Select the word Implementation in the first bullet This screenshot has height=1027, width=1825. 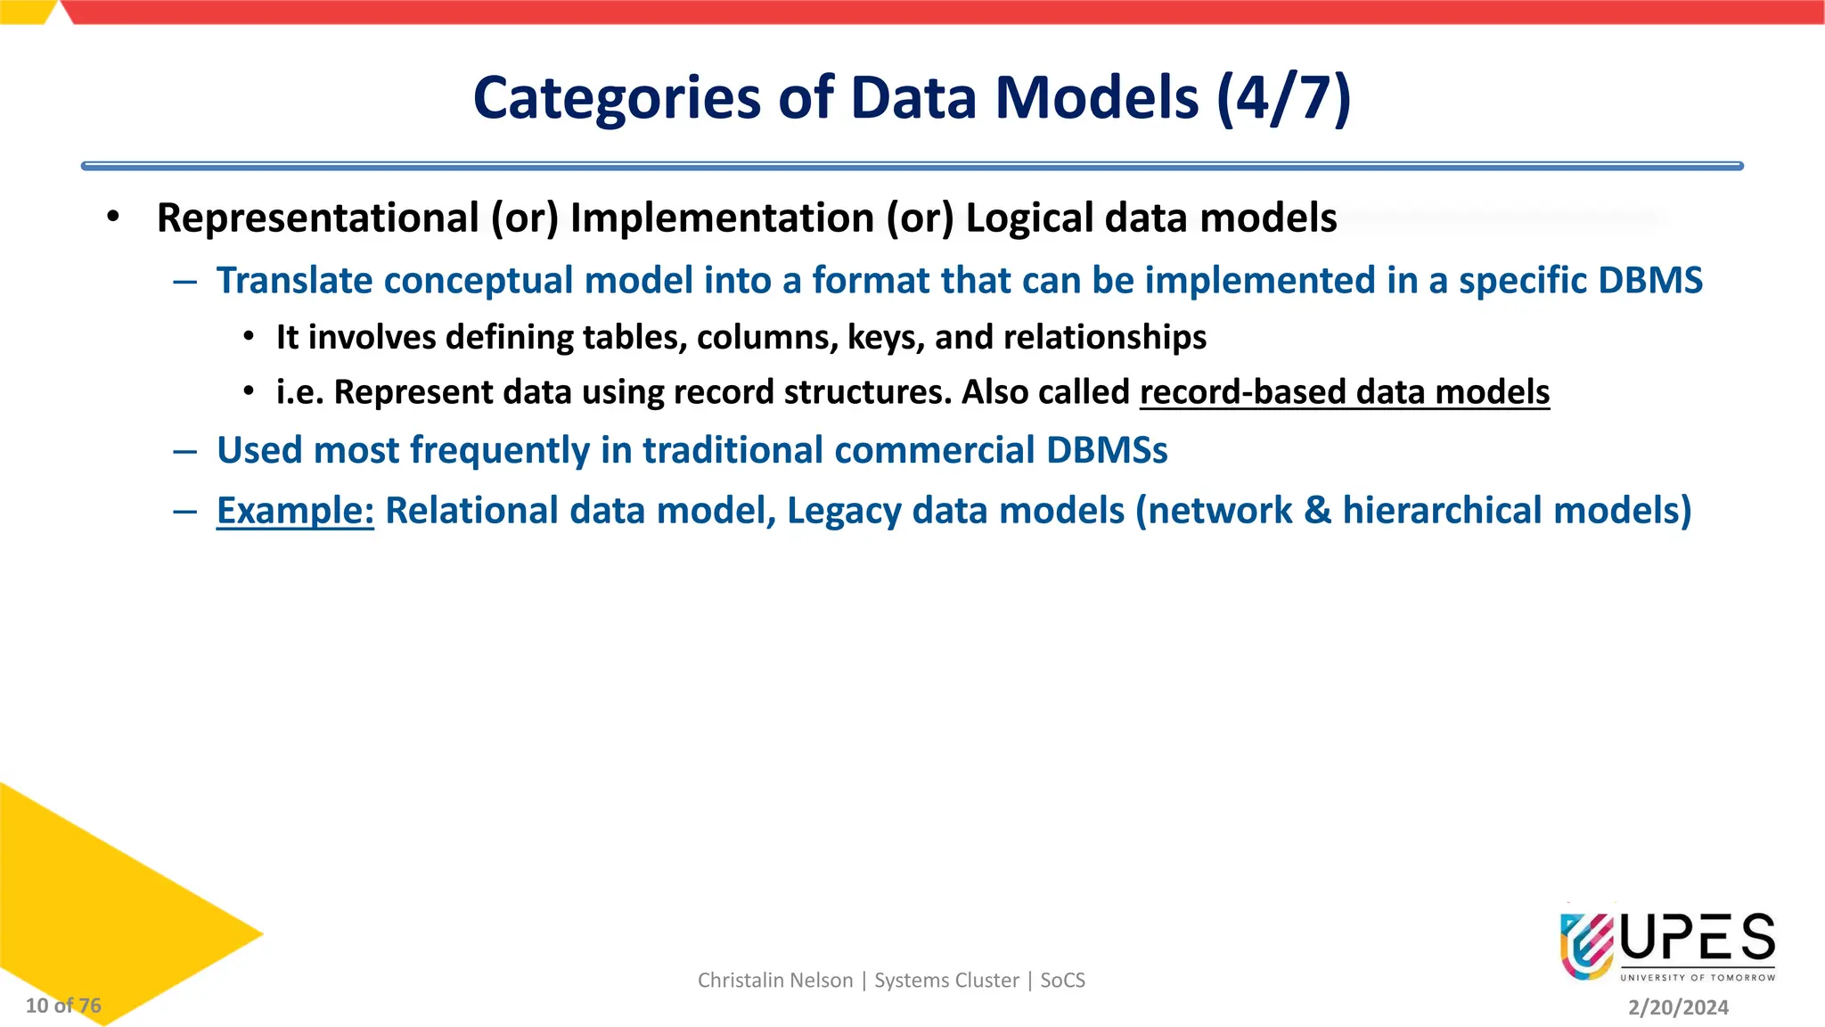click(722, 218)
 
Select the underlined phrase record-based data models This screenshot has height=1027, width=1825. click(1344, 392)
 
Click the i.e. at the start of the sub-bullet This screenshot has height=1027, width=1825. click(299, 392)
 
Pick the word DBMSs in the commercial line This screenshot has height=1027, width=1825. click(1106, 450)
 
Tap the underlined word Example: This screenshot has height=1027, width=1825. click(295, 511)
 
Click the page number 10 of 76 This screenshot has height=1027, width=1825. click(63, 1006)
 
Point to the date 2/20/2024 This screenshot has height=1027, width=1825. click(1678, 1007)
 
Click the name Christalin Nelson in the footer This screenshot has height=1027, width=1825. click(774, 981)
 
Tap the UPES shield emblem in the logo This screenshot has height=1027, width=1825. click(1586, 945)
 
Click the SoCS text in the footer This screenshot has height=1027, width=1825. click(1062, 981)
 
